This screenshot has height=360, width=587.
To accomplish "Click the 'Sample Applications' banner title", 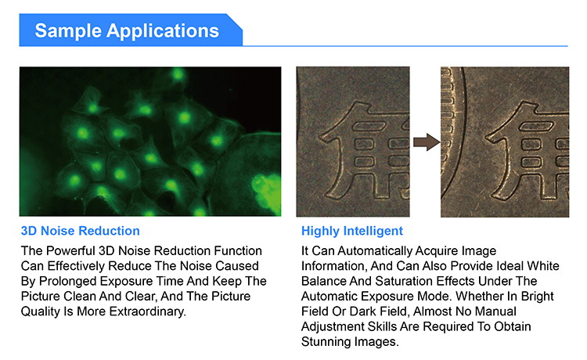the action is tap(127, 31).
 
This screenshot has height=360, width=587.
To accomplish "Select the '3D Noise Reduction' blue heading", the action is tap(80, 231).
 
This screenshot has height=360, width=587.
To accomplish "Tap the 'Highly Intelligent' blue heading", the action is tap(352, 231).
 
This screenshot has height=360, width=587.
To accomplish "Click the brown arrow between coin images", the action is tap(427, 142).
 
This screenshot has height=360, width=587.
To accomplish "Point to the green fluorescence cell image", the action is tap(150, 142).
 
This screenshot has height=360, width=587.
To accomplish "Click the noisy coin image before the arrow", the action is tap(353, 142).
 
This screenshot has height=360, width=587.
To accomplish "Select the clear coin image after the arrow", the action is tap(505, 142).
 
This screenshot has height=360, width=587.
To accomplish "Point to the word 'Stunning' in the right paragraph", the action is tap(325, 342).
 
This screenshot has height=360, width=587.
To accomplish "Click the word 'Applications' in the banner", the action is tap(163, 31).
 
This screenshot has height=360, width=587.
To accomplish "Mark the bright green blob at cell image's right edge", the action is tap(267, 191).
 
